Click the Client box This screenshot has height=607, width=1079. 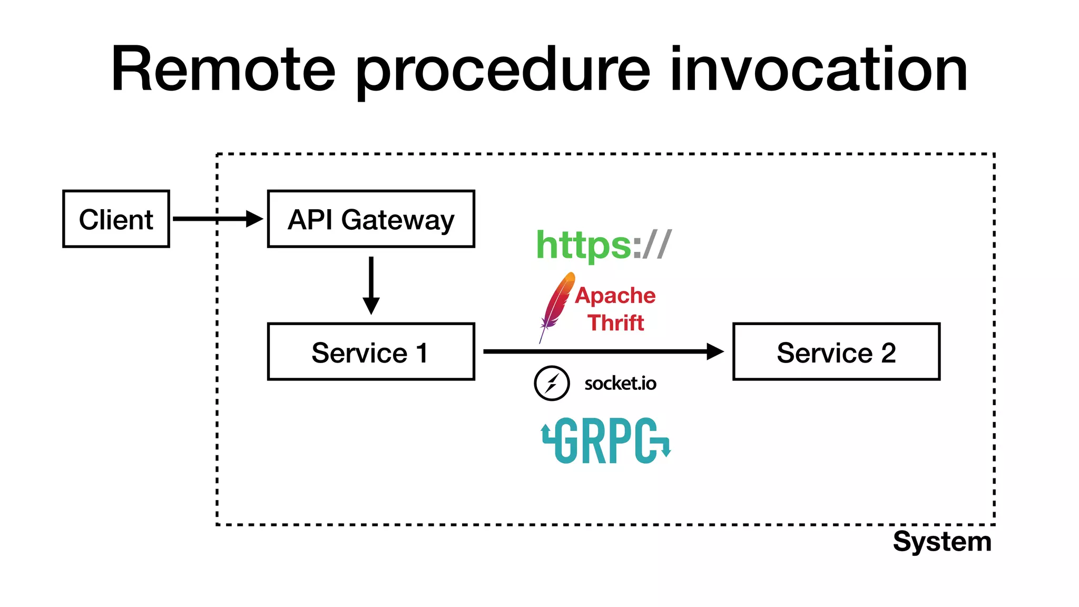point(116,219)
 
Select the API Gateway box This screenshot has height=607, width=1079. point(371,219)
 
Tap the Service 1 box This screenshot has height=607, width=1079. point(371,351)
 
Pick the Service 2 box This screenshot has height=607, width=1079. point(836,351)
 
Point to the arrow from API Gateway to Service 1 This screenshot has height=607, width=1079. point(371,285)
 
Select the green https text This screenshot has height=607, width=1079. point(583,245)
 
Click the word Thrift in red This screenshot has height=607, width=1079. point(616,322)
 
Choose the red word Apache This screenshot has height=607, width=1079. point(615,295)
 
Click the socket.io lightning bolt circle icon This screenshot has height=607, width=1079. point(552,383)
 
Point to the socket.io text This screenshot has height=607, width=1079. point(620,383)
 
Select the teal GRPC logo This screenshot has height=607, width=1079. point(606,441)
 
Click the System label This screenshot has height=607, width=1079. point(942,542)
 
